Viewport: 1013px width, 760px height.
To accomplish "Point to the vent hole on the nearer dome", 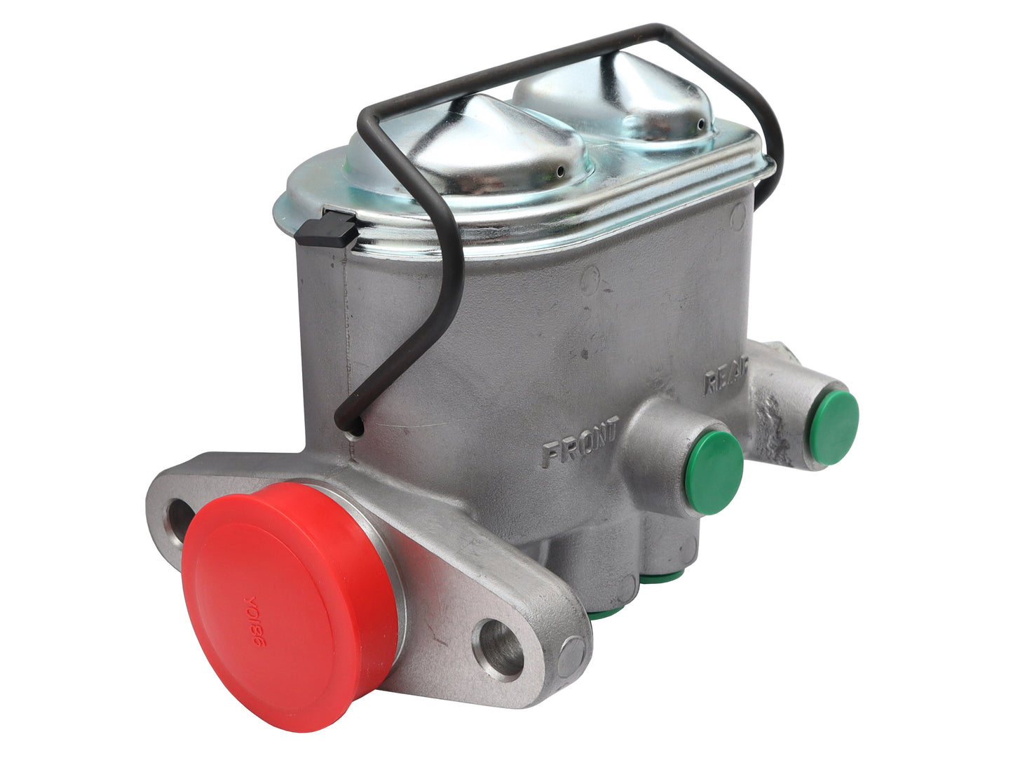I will coord(559,171).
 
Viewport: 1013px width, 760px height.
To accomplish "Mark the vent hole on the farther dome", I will coord(699,124).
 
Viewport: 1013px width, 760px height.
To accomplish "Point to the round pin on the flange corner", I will coord(571,656).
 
